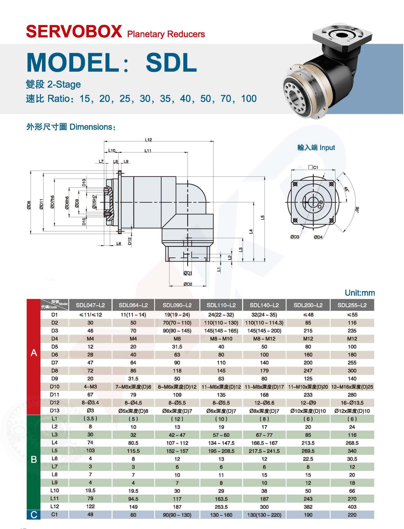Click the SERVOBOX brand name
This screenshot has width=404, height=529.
(74, 32)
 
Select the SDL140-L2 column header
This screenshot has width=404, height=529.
(264, 305)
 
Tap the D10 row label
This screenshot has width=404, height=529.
(55, 386)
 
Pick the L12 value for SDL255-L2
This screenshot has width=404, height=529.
(352, 507)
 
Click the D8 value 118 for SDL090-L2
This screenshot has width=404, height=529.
(177, 371)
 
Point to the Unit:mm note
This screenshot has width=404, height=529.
(360, 293)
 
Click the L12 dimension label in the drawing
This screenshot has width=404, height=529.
(148, 140)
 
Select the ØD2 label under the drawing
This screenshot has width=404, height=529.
(188, 284)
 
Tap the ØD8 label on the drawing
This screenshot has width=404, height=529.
(29, 205)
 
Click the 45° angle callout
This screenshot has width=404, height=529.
(346, 189)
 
